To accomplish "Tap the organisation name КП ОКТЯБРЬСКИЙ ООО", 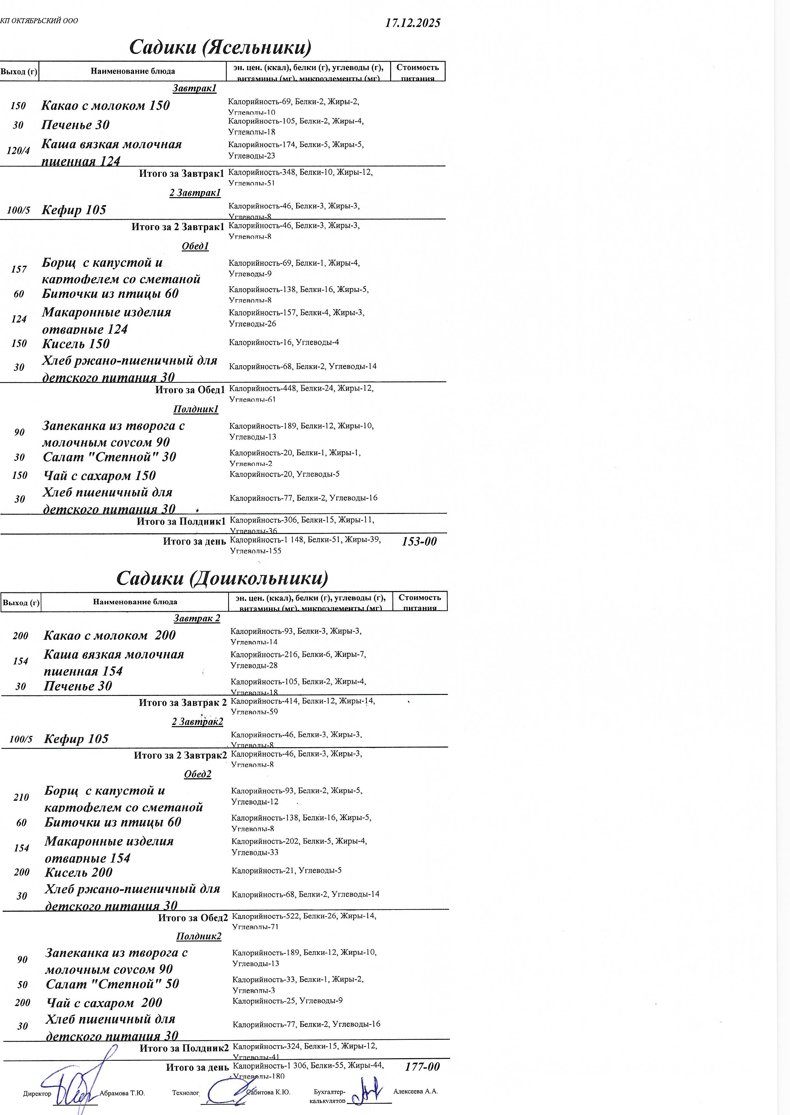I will [39, 21].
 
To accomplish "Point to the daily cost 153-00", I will [419, 541].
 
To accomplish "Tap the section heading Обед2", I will [197, 774].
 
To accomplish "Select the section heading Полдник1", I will [196, 409].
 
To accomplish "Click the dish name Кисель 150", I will [76, 344].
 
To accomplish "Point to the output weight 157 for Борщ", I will [19, 269].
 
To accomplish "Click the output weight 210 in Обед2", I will [21, 797].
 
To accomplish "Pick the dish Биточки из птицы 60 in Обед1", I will [110, 293].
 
